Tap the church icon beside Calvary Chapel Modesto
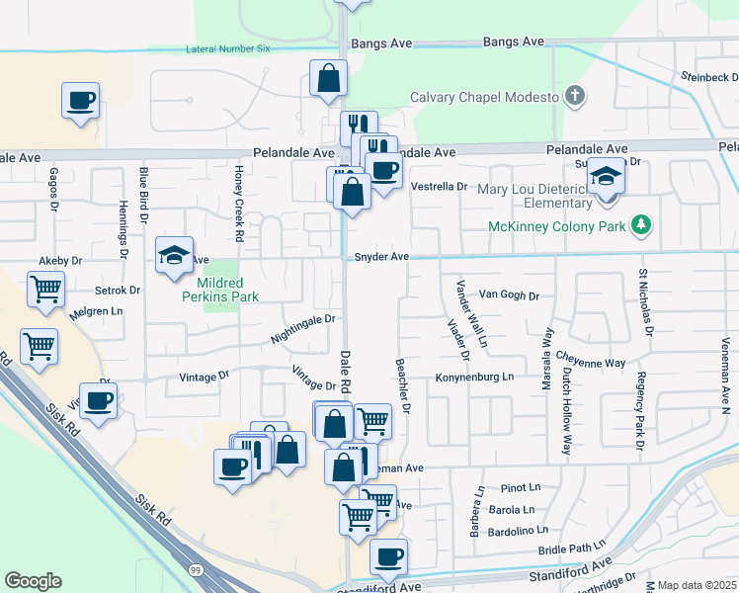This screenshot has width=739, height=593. click(574, 96)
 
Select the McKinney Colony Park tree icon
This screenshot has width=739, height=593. click(642, 226)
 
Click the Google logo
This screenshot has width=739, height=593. click(33, 581)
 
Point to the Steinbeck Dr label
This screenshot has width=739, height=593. click(707, 77)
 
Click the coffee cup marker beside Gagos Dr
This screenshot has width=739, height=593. click(81, 100)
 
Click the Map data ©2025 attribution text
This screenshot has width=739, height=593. click(697, 585)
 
